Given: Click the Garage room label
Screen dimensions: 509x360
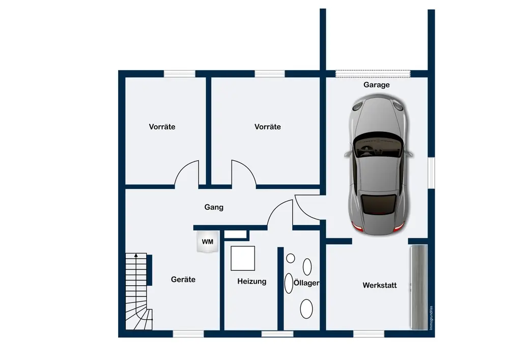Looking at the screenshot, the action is pyautogui.click(x=376, y=85).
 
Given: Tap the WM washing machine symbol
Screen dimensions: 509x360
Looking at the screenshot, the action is pyautogui.click(x=208, y=241).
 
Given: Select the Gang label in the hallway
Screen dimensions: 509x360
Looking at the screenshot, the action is pyautogui.click(x=214, y=207).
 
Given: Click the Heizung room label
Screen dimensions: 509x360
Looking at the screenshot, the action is pyautogui.click(x=251, y=281).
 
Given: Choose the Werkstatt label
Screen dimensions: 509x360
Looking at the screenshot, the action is pyautogui.click(x=379, y=285).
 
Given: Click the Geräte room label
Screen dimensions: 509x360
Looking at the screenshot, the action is pyautogui.click(x=183, y=279).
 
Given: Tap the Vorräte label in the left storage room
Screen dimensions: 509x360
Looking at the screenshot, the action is pyautogui.click(x=162, y=127).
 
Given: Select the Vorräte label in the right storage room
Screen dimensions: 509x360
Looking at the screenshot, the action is pyautogui.click(x=267, y=127).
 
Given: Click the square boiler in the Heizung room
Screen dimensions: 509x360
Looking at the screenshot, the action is pyautogui.click(x=243, y=258).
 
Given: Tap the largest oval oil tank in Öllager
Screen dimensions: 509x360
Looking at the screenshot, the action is pyautogui.click(x=306, y=308).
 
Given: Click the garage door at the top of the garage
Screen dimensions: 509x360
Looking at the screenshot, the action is pyautogui.click(x=373, y=74).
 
